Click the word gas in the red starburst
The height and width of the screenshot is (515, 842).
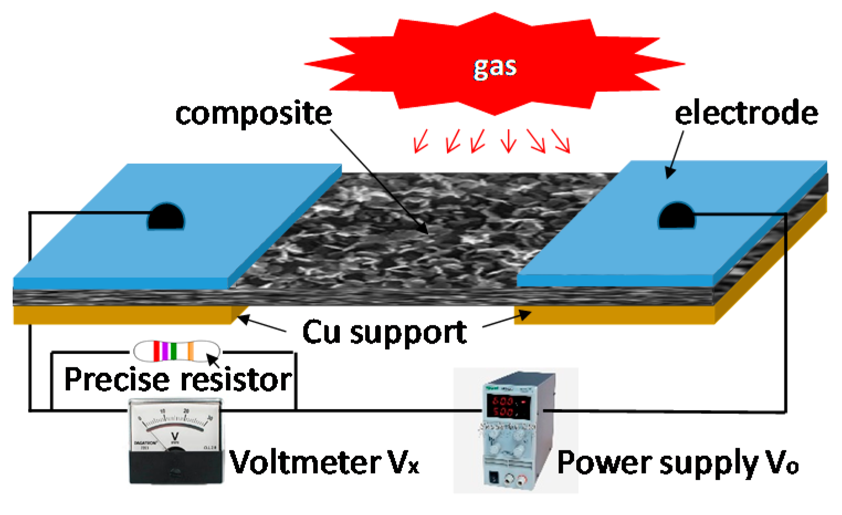495,67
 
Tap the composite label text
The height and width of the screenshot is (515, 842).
254,113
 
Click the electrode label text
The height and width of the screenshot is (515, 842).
746,113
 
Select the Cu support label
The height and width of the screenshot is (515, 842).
385,332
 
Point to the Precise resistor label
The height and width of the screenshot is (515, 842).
177,379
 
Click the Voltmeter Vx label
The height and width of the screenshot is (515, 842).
324,462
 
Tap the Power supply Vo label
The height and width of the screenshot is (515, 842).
677,462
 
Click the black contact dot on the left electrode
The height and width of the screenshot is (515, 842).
166,217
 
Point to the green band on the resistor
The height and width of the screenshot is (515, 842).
173,351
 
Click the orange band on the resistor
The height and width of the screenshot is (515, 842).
191,351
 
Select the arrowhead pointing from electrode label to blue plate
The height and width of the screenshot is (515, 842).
670,173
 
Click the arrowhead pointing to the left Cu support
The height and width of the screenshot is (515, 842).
241,319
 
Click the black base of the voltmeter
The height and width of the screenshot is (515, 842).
175,466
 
